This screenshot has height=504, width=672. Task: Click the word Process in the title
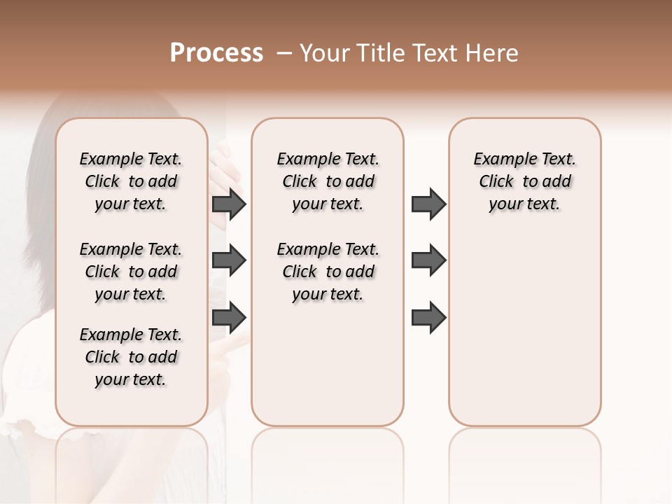(x=216, y=53)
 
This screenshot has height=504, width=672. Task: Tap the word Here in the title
(x=493, y=53)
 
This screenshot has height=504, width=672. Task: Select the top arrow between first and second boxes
(x=229, y=204)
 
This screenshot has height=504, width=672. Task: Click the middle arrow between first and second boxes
(x=229, y=261)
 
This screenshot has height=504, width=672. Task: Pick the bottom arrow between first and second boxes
(x=229, y=317)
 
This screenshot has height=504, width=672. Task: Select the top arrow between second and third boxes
(x=428, y=204)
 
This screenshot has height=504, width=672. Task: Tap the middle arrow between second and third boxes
(x=428, y=261)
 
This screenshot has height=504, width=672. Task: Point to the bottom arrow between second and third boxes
(x=428, y=317)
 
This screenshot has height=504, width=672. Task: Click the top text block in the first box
(x=131, y=181)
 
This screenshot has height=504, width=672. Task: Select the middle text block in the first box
(x=131, y=272)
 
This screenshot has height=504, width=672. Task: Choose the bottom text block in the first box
(x=131, y=357)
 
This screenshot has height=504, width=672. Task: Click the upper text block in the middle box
(x=328, y=181)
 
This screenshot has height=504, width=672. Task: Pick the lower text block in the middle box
(x=328, y=272)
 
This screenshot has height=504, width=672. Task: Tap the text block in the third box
(x=524, y=181)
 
